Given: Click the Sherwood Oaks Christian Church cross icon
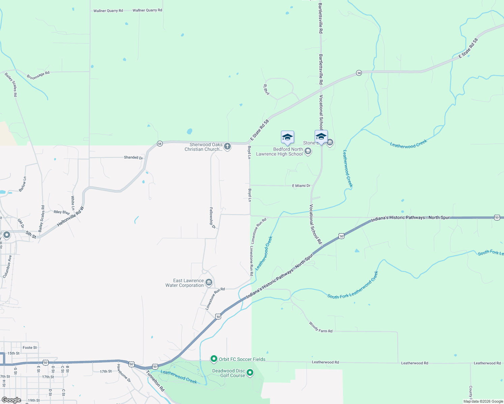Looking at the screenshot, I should pos(227,146).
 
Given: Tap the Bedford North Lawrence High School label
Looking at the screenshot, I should pos(279,152).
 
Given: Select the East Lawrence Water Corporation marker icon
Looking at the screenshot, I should pos(209,282).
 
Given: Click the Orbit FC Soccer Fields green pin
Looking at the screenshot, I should pos(214,359).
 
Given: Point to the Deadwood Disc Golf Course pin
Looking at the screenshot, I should pos(250,372).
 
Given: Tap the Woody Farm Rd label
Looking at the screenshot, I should pos(320,327).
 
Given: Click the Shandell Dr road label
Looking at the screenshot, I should pos(133,158).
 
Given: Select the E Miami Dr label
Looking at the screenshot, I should pos(301,186).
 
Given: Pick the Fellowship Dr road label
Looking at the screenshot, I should pos(212,218).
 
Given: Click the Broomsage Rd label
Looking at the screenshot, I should pos(38,75).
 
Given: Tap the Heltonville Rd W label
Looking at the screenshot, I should pos(70,216).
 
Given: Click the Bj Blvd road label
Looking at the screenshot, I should pos(266,90).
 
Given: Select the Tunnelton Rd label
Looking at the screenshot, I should pos(155,381).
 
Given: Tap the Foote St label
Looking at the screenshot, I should pos(30,348).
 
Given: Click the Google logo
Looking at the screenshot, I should pos(11,400).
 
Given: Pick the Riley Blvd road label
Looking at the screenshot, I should pos(62,212).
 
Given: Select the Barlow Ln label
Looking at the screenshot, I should pos(23,184).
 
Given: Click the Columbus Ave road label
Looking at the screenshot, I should pos(7,267).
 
